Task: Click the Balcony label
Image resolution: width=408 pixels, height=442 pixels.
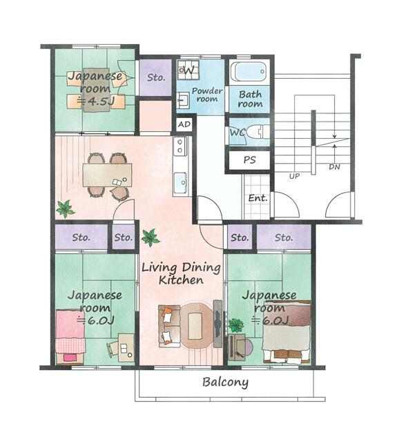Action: click(x=226, y=382)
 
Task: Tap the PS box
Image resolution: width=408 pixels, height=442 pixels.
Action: click(x=249, y=160)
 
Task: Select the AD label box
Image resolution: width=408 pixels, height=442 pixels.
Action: click(x=184, y=124)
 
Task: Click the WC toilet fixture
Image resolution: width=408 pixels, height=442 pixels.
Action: click(x=255, y=132)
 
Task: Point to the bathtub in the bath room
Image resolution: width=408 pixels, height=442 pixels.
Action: click(x=249, y=72)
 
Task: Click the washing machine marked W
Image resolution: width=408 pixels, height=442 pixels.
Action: click(x=188, y=70)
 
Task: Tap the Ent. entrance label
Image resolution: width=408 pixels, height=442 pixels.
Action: click(x=258, y=198)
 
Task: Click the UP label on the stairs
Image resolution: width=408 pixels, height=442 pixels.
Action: click(x=295, y=176)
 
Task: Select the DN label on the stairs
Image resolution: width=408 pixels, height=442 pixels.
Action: click(x=334, y=167)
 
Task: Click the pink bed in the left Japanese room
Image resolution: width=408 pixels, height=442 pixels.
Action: click(x=70, y=337)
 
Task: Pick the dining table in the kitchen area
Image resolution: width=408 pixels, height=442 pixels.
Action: click(x=108, y=175)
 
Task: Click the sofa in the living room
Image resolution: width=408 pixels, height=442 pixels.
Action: click(x=169, y=325)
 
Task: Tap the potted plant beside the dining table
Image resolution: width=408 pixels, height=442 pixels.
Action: click(x=65, y=209)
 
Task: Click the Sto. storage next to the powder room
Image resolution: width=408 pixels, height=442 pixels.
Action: click(x=155, y=77)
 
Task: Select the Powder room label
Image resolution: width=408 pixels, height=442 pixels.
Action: click(x=207, y=95)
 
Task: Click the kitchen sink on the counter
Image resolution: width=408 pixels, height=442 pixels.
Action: click(x=180, y=183)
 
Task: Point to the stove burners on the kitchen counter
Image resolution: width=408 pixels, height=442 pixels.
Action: click(x=179, y=146)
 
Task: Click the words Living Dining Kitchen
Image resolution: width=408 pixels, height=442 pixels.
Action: click(x=181, y=273)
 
